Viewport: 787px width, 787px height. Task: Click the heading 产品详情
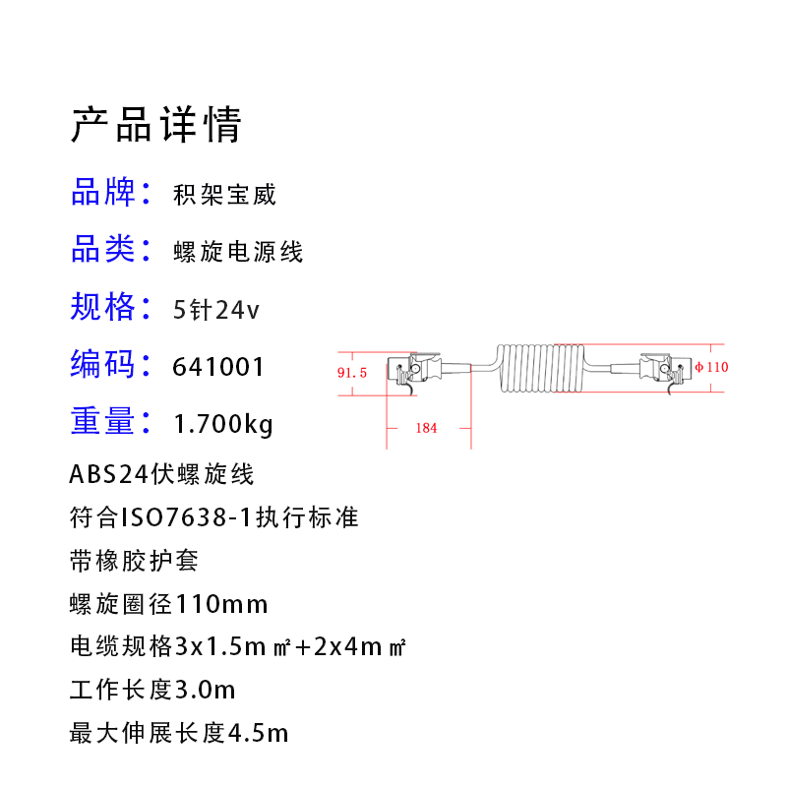[155, 125]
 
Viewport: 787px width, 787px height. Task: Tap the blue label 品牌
[102, 193]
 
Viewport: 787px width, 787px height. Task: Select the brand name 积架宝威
[224, 194]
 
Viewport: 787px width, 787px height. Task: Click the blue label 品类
[102, 250]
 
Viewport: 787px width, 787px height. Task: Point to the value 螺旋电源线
[238, 252]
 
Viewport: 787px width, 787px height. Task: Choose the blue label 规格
[102, 307]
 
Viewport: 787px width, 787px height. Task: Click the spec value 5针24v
[215, 310]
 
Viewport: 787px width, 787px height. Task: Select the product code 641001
[218, 367]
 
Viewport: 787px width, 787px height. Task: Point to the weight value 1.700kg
[222, 424]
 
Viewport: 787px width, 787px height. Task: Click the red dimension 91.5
[351, 373]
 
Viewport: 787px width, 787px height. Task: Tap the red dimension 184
[426, 428]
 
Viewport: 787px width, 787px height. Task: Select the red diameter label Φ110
[711, 367]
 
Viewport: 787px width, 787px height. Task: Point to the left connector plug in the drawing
[418, 372]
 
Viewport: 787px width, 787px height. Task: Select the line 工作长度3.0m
[152, 689]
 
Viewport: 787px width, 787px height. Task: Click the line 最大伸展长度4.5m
[179, 733]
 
